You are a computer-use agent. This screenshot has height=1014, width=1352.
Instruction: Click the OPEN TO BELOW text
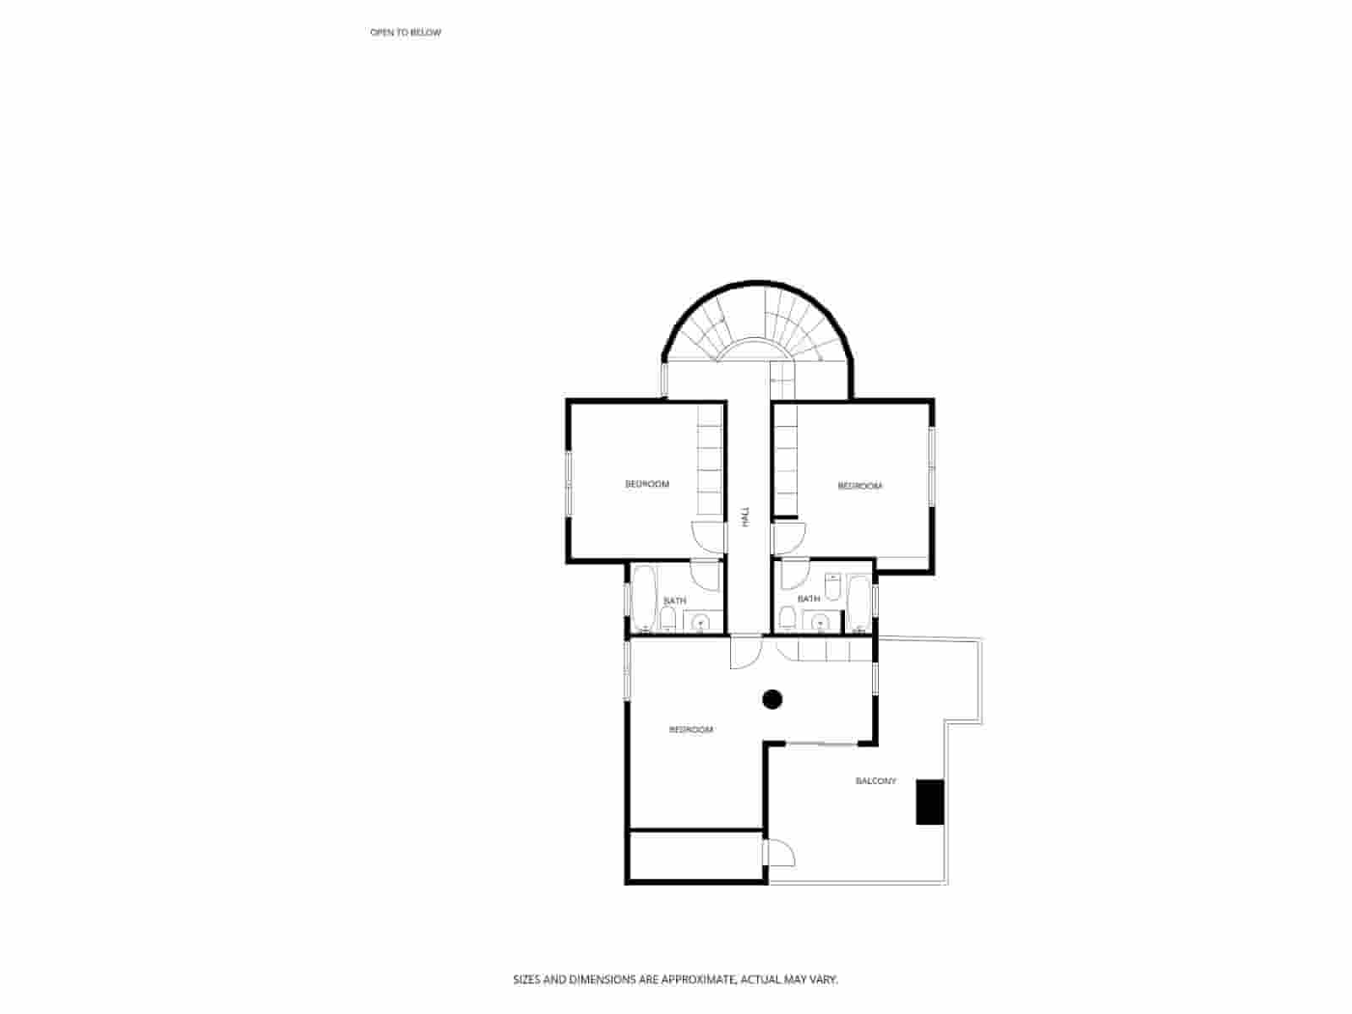coord(406,32)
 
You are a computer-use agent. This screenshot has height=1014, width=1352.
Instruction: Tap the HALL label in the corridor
coord(746,517)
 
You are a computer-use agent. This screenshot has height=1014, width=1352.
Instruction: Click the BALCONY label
coord(875,782)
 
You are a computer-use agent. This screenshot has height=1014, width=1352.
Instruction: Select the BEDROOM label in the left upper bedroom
coord(647,484)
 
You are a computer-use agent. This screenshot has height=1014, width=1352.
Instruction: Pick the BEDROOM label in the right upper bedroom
coord(859,486)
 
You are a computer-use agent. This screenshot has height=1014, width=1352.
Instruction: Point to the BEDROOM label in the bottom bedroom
coord(690,729)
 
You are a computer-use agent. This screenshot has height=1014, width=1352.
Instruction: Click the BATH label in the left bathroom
coord(674,601)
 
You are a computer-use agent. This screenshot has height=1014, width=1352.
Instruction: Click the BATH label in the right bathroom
coord(809,599)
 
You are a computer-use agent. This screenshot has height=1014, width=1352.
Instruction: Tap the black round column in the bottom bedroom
coord(772,699)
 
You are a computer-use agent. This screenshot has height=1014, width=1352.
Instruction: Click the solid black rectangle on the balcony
coord(930,802)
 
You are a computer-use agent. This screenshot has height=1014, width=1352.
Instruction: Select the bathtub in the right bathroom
coord(859,602)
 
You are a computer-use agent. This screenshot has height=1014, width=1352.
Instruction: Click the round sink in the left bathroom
coord(700,624)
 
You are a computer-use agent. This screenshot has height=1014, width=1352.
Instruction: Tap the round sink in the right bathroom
coord(819,624)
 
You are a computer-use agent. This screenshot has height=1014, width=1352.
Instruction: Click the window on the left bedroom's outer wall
coord(569,482)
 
